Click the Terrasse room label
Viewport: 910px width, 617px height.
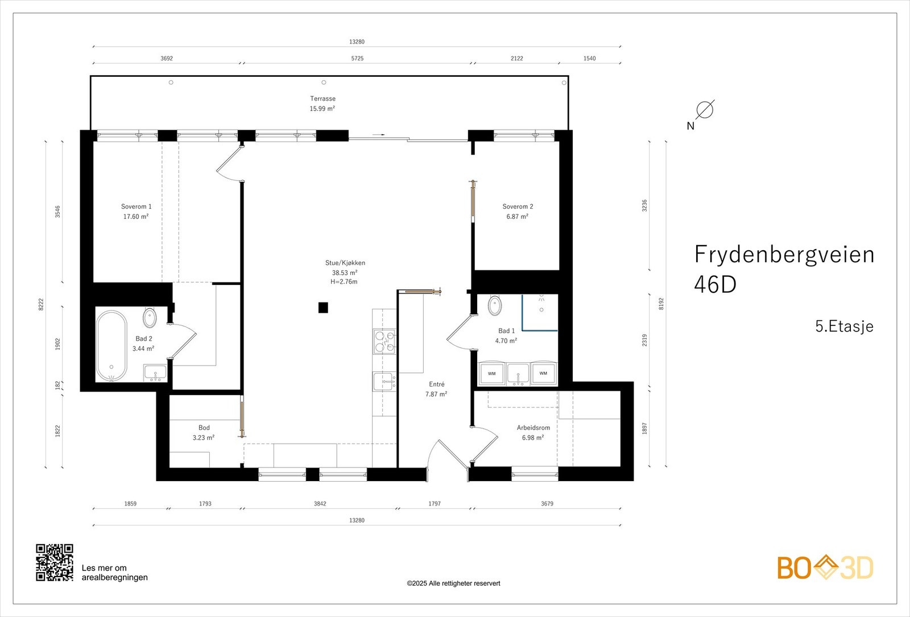point(322,98)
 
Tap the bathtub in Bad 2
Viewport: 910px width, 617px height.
point(111,346)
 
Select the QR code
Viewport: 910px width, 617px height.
point(55,562)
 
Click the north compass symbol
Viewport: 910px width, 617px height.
point(704,110)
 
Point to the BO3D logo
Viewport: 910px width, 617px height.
point(825,568)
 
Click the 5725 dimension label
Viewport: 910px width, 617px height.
point(357,59)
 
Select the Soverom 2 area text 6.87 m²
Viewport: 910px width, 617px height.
point(517,217)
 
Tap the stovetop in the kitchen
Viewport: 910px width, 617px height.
point(384,342)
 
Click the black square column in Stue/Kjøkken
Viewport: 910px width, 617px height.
point(323,308)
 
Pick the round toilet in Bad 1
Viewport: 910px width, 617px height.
point(495,305)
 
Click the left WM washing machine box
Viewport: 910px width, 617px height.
point(491,374)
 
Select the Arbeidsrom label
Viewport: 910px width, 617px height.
point(533,428)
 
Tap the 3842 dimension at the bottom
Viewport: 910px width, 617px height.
point(320,504)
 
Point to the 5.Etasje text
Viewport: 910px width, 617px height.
point(844,326)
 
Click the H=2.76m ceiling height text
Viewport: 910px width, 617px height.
point(344,282)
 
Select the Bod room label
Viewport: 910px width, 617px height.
point(204,428)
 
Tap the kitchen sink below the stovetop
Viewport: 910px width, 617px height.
point(383,382)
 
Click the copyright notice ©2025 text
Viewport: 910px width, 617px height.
point(453,583)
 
